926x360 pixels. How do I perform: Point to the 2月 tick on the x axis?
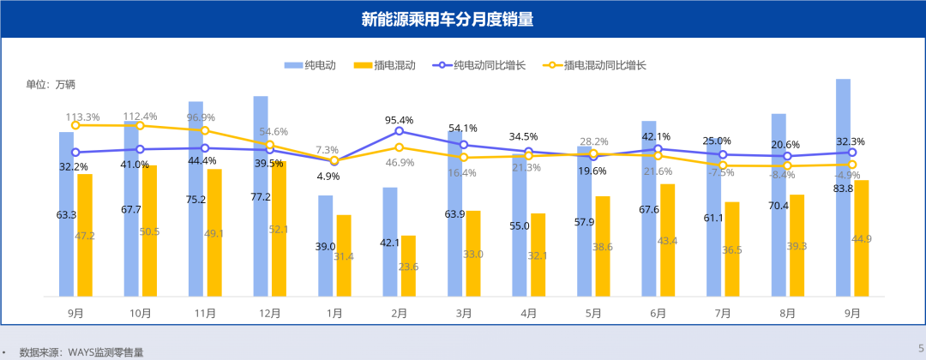[x=399, y=314]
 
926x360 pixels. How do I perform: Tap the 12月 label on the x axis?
[x=269, y=314]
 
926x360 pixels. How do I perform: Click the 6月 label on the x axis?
[x=658, y=314]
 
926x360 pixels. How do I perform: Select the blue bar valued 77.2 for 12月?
[x=261, y=197]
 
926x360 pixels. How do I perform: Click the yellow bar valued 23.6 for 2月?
[x=408, y=267]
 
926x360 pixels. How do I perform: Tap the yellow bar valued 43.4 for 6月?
[x=667, y=241]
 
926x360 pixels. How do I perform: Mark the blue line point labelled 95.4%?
[x=399, y=131]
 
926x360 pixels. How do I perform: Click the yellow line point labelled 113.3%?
[x=75, y=125]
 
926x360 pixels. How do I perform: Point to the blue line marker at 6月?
[x=658, y=149]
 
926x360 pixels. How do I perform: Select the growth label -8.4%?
[x=781, y=175]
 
